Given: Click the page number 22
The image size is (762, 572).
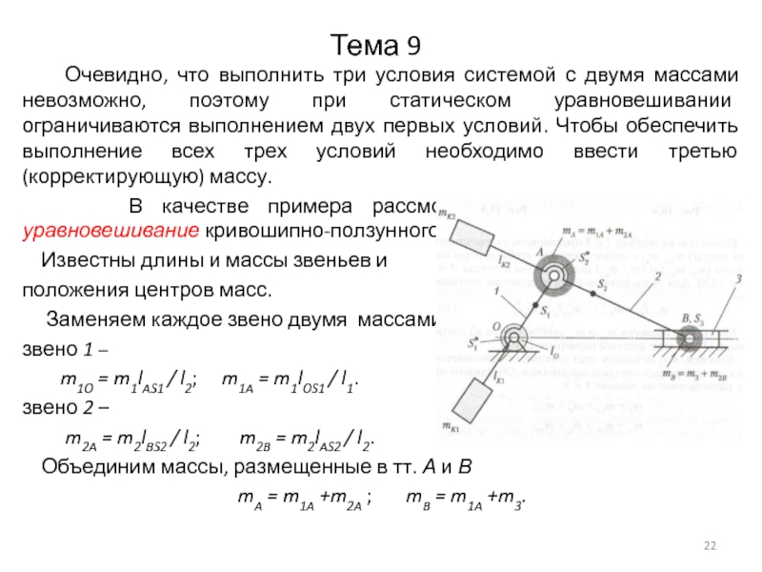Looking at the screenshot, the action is pos(709,544).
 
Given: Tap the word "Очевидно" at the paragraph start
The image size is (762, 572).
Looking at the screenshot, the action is pos(106,74).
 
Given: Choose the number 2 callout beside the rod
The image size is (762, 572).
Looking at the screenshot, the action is pos(658,277).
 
